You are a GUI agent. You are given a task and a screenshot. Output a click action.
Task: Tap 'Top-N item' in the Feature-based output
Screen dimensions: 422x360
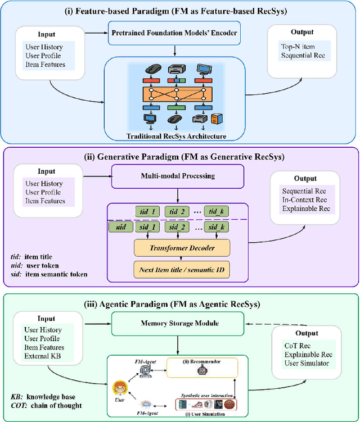point(298,47)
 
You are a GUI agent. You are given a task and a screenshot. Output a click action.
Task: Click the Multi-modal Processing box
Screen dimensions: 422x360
point(177,176)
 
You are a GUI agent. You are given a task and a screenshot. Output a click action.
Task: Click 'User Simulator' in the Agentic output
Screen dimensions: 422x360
point(306,364)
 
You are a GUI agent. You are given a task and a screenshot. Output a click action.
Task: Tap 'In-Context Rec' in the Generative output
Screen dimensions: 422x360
point(304,200)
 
